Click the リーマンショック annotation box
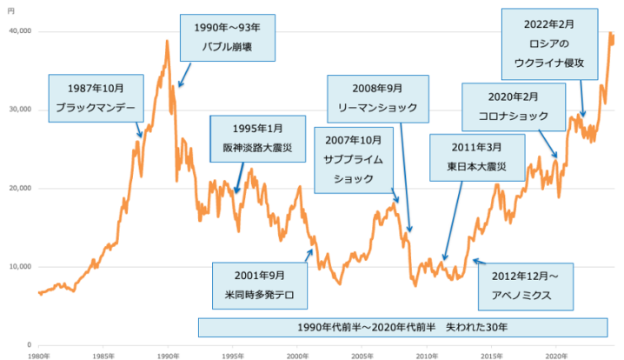[377, 98]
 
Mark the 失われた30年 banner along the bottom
[402, 327]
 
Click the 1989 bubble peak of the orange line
[166, 41]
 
